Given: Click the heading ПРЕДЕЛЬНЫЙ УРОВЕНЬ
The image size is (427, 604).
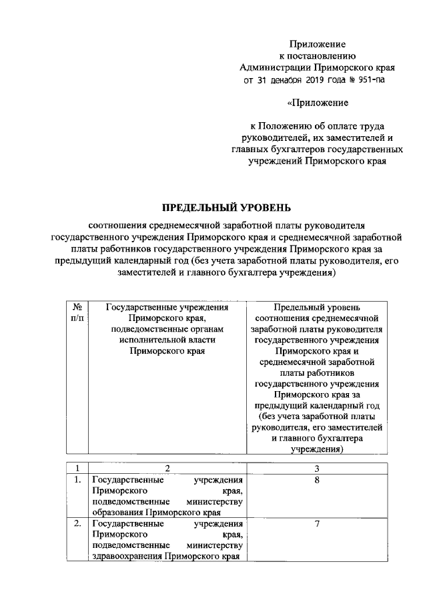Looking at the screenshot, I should coord(228,206).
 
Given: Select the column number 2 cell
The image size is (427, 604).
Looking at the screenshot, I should coord(167,468).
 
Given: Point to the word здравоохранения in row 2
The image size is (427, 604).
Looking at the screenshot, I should coord(127,556).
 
